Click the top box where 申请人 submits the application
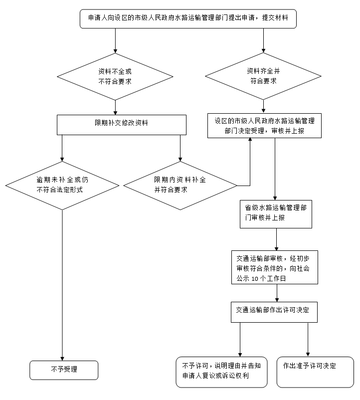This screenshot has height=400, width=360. pyautogui.click(x=191, y=19)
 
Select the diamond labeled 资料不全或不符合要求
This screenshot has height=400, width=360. pyautogui.click(x=115, y=77)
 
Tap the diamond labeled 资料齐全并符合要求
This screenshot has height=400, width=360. pyautogui.click(x=263, y=76)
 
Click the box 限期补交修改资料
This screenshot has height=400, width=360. pyautogui.click(x=122, y=125)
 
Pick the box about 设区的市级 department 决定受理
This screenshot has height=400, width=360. pyautogui.click(x=264, y=126)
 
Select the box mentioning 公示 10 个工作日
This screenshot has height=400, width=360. pyautogui.click(x=274, y=267)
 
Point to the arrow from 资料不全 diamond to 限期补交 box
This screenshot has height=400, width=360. pyautogui.click(x=115, y=107)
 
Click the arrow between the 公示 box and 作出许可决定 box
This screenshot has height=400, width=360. pyautogui.click(x=277, y=293)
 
